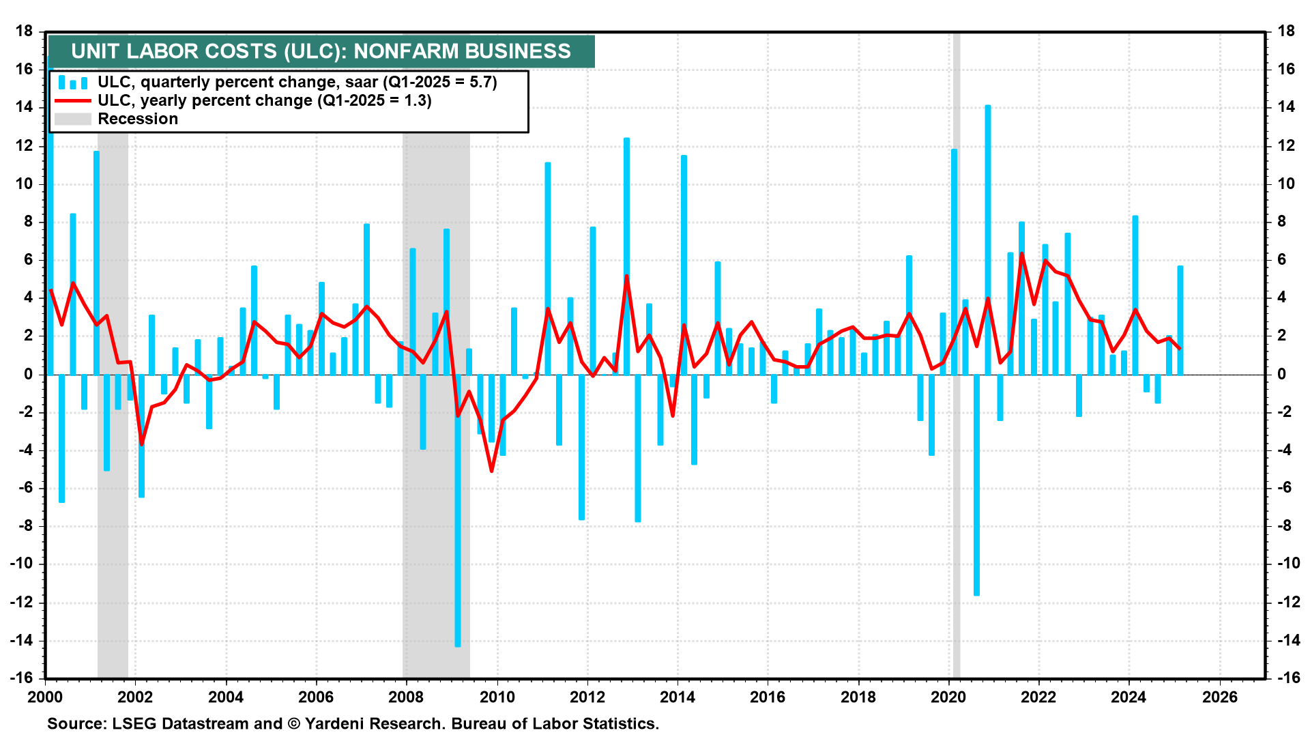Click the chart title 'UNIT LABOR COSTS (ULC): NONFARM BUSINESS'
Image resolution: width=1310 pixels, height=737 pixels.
[x=321, y=51]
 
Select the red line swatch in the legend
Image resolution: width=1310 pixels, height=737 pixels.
[x=72, y=101]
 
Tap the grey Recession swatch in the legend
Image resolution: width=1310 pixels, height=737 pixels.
[x=72, y=119]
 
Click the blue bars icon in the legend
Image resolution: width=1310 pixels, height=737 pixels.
[x=72, y=83]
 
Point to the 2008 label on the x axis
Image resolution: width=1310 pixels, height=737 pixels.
[x=406, y=697]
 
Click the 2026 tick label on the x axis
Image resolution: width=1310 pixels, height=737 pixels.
[x=1219, y=697]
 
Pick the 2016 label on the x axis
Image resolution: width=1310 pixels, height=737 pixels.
[x=768, y=697]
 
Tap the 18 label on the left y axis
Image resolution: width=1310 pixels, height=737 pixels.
[x=25, y=31]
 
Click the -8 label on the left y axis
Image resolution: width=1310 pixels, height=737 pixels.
[x=25, y=525]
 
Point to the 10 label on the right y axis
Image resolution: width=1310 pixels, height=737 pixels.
[x=1286, y=184]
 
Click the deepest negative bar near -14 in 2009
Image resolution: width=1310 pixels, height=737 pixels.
[x=458, y=512]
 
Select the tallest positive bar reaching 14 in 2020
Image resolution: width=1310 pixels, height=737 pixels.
[x=988, y=239]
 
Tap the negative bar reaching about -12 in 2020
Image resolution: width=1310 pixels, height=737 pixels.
[x=976, y=485]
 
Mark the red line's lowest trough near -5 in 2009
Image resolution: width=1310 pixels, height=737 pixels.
[x=491, y=471]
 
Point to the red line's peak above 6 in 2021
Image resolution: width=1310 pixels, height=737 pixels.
[x=1021, y=254]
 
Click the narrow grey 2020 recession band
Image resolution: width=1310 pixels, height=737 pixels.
[x=957, y=478]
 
